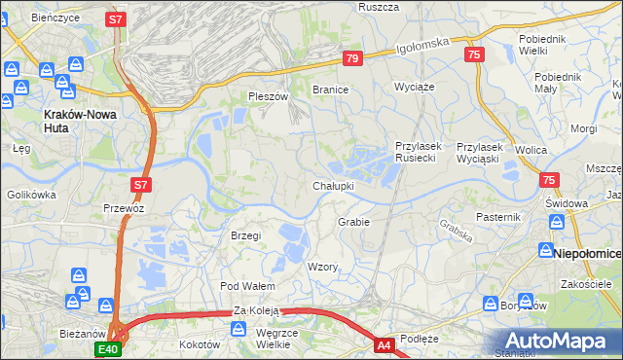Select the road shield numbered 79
(x=352, y=59)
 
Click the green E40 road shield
(x=107, y=349)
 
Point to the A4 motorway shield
(x=385, y=344)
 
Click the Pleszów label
(x=269, y=96)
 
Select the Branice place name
(x=330, y=90)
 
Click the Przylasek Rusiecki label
(x=419, y=152)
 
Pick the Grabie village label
(x=353, y=222)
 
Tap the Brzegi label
(x=245, y=236)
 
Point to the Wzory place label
(x=322, y=267)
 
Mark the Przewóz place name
(x=124, y=207)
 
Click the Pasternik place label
(x=499, y=216)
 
